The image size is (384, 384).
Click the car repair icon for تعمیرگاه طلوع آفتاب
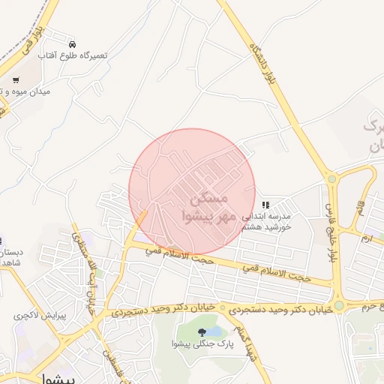click(x=72, y=45)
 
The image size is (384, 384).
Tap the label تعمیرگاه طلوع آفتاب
click(x=74, y=56)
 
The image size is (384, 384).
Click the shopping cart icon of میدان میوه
click(x=16, y=79)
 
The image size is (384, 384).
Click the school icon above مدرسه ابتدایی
click(x=265, y=204)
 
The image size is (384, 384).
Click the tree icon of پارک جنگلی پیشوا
click(x=201, y=332)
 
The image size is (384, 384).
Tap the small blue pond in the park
click(x=214, y=330)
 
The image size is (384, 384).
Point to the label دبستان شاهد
click(x=10, y=258)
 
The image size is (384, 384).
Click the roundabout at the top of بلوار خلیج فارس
click(x=332, y=179)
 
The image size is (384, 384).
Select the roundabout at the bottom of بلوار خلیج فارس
click(x=340, y=305)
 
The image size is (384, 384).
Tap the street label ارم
click(x=365, y=239)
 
